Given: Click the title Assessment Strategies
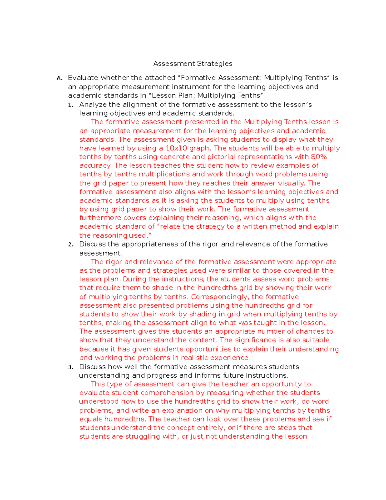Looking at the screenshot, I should pyautogui.click(x=193, y=64).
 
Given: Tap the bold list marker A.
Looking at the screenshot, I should pyautogui.click(x=59, y=78).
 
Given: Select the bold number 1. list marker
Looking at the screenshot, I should pyautogui.click(x=71, y=105).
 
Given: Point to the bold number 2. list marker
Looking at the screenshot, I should pyautogui.click(x=71, y=245).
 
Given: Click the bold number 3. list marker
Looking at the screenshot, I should pyautogui.click(x=71, y=367).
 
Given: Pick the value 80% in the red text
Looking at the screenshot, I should pyautogui.click(x=319, y=157).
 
